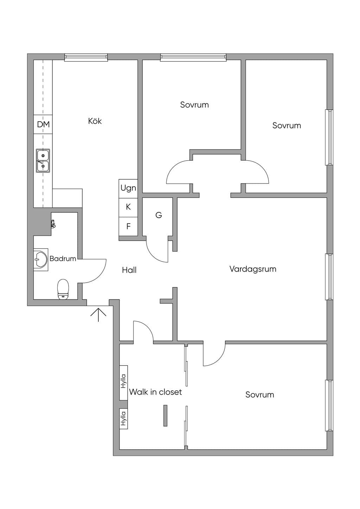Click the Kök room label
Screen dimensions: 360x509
(x=95, y=121)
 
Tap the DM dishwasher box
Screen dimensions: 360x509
(x=43, y=124)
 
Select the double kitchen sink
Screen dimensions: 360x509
(x=43, y=161)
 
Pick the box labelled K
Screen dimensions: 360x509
(x=128, y=207)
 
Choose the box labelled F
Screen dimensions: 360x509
(x=128, y=226)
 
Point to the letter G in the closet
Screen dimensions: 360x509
(x=159, y=215)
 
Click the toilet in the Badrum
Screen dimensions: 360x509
(x=63, y=289)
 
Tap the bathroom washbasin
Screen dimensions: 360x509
(x=41, y=259)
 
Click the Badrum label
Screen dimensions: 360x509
(x=63, y=259)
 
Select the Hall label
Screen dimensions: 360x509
(x=129, y=270)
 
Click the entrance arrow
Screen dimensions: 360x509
(x=98, y=315)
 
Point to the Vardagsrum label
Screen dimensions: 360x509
(x=253, y=269)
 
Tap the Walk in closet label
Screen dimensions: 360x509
(x=155, y=392)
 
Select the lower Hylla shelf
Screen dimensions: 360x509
(x=124, y=419)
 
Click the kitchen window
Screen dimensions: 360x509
(x=86, y=57)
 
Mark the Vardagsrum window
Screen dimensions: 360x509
(x=329, y=277)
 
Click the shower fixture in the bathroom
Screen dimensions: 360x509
(x=53, y=224)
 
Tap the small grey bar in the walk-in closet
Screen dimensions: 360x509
(x=165, y=415)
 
